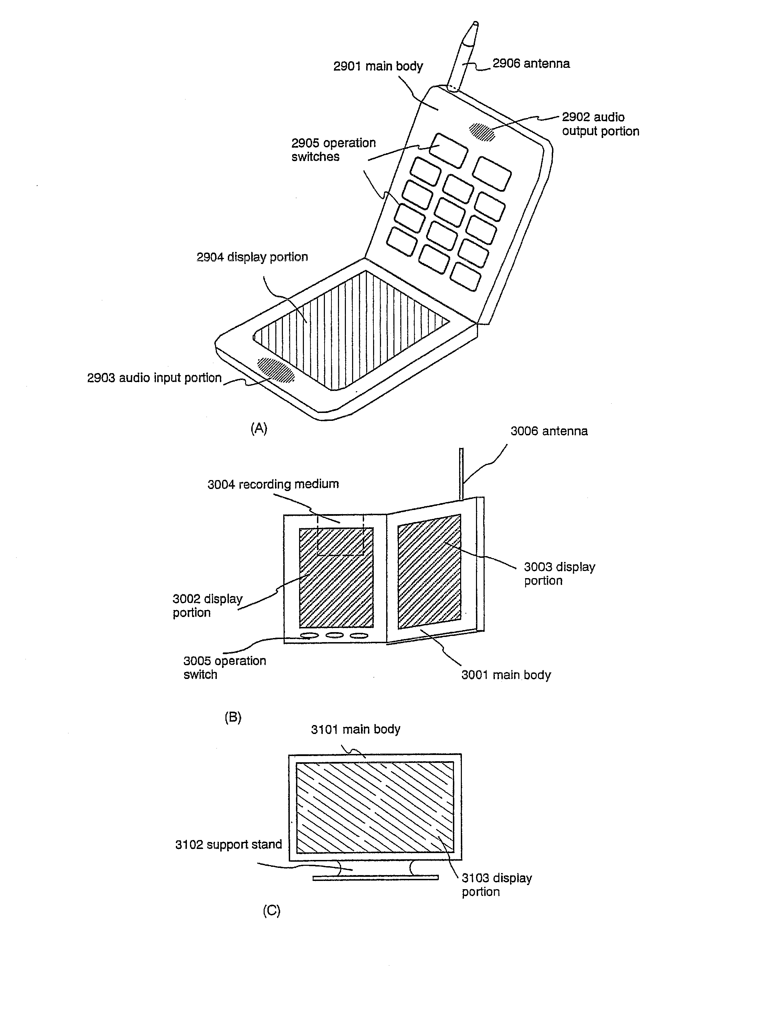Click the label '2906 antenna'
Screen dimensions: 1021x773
pyautogui.click(x=531, y=64)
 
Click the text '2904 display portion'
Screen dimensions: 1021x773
pyautogui.click(x=252, y=257)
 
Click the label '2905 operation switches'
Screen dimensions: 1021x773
pyautogui.click(x=333, y=150)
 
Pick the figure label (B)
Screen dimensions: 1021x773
pyautogui.click(x=233, y=717)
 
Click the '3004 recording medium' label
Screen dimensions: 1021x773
pyautogui.click(x=273, y=484)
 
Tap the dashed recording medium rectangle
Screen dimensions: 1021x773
pyautogui.click(x=340, y=535)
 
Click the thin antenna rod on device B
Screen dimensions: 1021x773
pyautogui.click(x=461, y=473)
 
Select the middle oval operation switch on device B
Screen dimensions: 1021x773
pyautogui.click(x=334, y=635)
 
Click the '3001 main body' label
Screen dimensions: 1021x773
pyautogui.click(x=506, y=675)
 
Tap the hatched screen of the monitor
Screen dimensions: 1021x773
pyautogui.click(x=374, y=807)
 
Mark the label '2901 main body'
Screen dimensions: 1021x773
pyautogui.click(x=378, y=66)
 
